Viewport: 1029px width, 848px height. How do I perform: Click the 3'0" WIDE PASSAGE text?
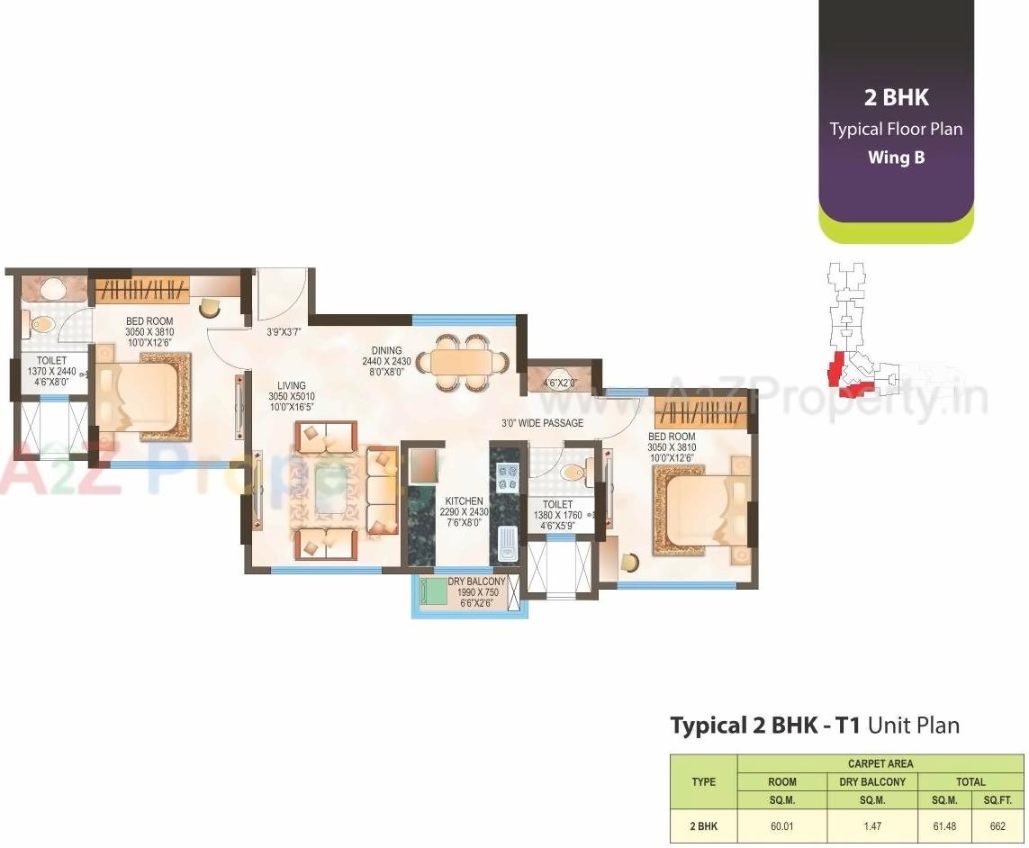tap(542, 423)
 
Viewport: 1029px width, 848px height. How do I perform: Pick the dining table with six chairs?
tap(463, 363)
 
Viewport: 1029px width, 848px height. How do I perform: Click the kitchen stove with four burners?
tap(507, 476)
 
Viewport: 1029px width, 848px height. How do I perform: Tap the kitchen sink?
tap(506, 543)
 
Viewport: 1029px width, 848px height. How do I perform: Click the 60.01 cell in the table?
tap(781, 825)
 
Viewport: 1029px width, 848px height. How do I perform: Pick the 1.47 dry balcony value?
tap(871, 825)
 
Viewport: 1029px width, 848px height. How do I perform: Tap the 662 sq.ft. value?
tap(997, 825)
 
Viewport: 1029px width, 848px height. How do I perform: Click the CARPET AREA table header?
tap(880, 763)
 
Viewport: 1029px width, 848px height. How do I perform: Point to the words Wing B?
tap(896, 158)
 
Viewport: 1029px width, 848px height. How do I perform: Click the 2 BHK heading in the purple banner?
tap(896, 97)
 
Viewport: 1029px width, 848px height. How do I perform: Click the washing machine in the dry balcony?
tap(434, 591)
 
